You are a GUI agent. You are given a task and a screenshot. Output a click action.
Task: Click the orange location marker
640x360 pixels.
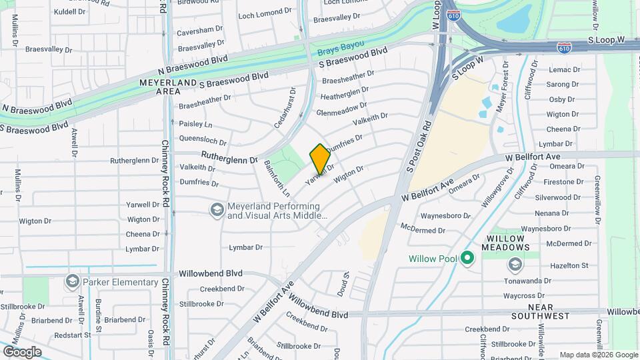click(320, 158)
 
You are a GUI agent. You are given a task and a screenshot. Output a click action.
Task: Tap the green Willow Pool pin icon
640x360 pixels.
click(467, 258)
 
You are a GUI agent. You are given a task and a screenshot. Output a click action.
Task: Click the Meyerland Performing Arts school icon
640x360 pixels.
click(216, 211)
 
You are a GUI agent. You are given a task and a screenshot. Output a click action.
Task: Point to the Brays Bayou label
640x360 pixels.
click(340, 47)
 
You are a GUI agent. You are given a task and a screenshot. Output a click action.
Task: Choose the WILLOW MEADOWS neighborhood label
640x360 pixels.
click(512, 243)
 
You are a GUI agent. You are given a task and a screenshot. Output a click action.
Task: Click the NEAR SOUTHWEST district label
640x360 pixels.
click(550, 315)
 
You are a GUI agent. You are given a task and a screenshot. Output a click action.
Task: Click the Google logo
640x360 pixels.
click(22, 351)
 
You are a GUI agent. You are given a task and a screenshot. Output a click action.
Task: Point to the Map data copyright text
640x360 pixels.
click(598, 355)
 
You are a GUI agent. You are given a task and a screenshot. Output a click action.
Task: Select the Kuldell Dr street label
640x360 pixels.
click(70, 12)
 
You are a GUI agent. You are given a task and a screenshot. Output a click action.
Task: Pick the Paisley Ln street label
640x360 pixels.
click(195, 125)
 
